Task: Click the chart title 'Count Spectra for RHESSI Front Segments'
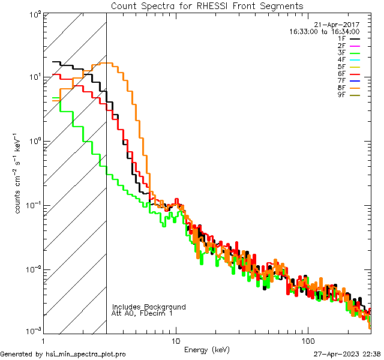coord(207,5)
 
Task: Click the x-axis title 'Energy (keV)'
coord(207,349)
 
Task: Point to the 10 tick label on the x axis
coord(176,340)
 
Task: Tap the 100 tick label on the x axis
coord(307,340)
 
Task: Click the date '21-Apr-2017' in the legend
coord(340,25)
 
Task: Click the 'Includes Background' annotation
coord(149,307)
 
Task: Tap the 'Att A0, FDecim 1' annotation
coord(142,313)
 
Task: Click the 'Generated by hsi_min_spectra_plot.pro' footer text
coord(63,354)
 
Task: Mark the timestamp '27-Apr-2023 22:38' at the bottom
coord(346,354)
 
